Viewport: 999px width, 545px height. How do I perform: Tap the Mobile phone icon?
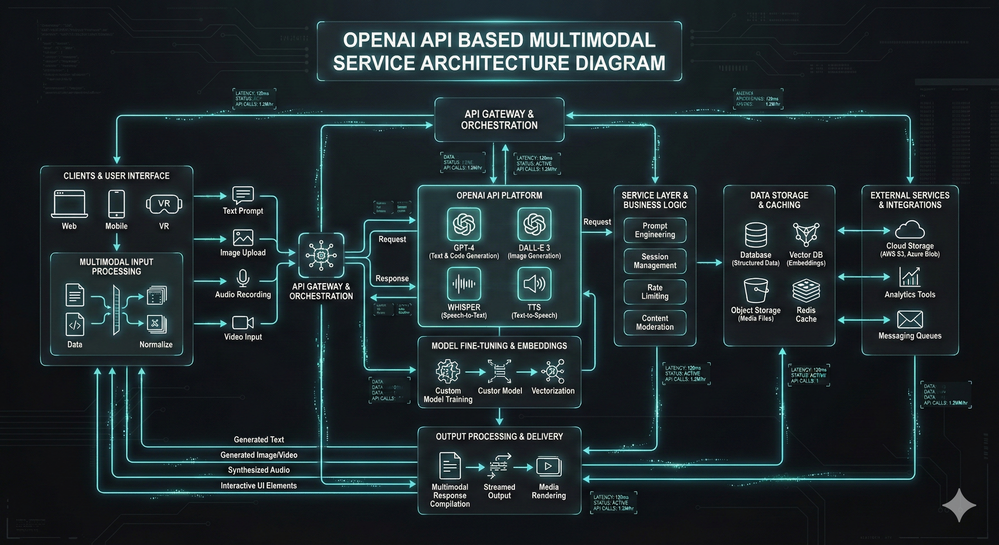(116, 204)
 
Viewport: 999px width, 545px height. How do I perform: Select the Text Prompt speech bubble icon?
(243, 195)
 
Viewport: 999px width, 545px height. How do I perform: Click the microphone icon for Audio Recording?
(243, 278)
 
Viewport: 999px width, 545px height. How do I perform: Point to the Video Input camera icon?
(243, 322)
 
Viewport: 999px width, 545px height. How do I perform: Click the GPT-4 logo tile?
(464, 224)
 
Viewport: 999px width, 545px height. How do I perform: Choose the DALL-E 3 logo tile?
(534, 224)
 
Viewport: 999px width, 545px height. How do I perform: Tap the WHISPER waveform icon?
(464, 283)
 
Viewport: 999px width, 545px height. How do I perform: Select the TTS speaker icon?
(534, 283)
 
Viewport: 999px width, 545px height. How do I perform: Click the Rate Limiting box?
(655, 292)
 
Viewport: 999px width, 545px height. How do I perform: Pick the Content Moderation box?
(655, 322)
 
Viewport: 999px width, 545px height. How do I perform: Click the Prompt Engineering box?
(655, 230)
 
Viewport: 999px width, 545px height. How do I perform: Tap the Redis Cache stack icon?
(806, 291)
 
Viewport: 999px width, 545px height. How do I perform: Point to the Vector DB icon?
(806, 234)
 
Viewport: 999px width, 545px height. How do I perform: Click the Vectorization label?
(553, 391)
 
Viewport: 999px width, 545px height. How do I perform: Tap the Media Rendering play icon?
(548, 467)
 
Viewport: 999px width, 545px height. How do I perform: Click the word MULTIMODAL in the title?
(592, 40)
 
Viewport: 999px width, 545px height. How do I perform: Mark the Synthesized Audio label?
(259, 470)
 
